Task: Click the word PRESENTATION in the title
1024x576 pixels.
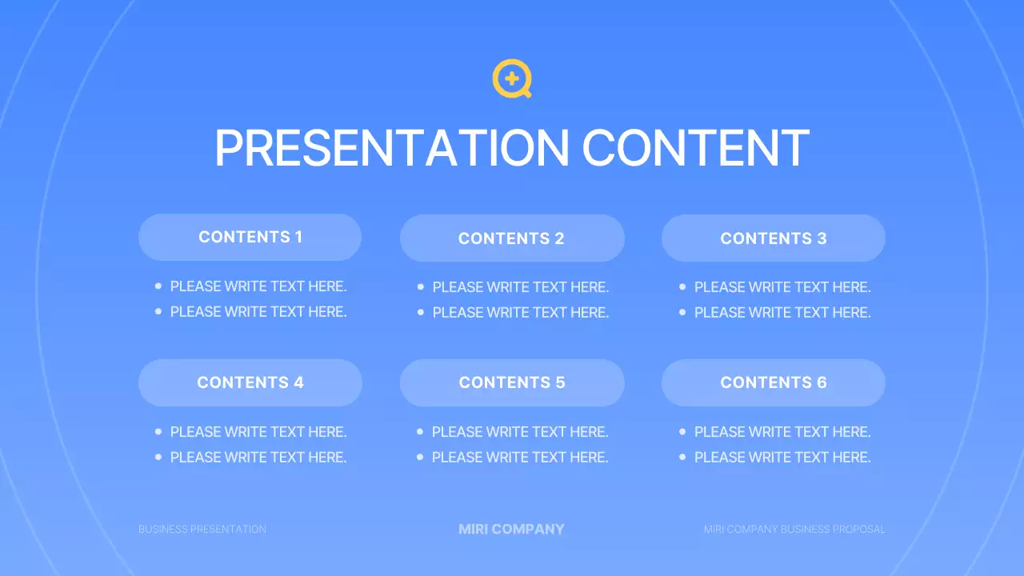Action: [x=391, y=148]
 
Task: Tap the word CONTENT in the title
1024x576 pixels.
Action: [x=695, y=148]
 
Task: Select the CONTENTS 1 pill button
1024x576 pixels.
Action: [x=250, y=237]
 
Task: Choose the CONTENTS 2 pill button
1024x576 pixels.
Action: [x=512, y=238]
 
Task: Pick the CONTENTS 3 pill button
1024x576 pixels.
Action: [x=774, y=238]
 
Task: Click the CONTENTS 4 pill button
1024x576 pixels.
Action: [x=250, y=382]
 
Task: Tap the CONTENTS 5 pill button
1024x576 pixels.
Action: [x=512, y=382]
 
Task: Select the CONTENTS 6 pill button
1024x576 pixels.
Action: [x=774, y=382]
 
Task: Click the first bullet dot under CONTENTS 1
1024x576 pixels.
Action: [x=158, y=286]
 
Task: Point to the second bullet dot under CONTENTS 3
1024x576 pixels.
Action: [x=682, y=313]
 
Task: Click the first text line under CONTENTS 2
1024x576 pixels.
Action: [x=520, y=287]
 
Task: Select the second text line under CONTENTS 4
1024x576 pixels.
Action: [x=258, y=457]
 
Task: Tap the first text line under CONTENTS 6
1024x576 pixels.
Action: [x=782, y=432]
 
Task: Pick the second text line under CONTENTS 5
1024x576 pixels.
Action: [x=520, y=457]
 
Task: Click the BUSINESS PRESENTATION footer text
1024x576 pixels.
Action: [x=202, y=530]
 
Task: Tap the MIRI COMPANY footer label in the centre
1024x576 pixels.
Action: [x=512, y=529]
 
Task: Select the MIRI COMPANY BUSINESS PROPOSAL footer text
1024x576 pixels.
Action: [x=794, y=530]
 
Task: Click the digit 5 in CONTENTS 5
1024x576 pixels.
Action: [x=560, y=382]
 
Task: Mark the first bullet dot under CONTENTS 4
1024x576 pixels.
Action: [x=158, y=431]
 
